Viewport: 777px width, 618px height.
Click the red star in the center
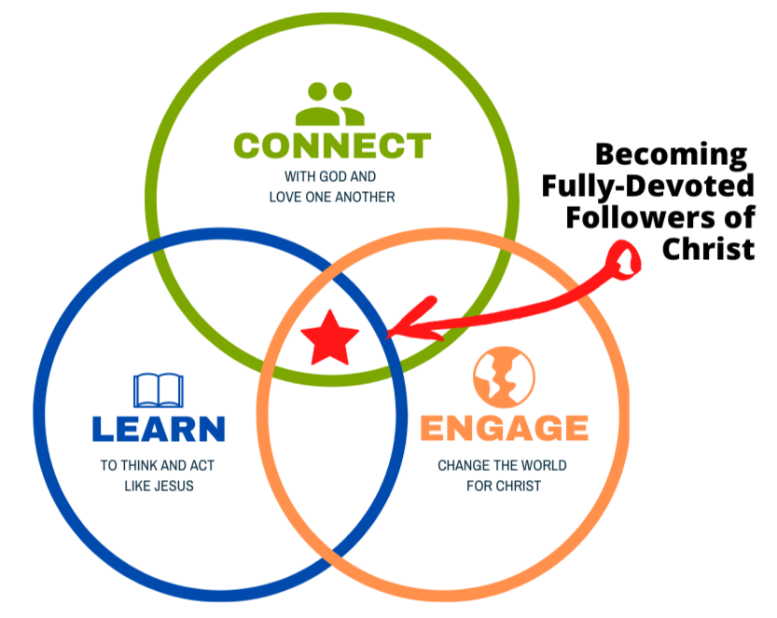coord(330,338)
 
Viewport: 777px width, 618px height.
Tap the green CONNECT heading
coord(331,146)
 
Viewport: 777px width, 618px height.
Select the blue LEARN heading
coord(159,429)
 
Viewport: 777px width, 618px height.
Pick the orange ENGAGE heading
coord(504,429)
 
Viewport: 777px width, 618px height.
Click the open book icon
coord(159,391)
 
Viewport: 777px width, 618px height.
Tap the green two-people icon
coord(330,104)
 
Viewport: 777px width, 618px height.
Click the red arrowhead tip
coord(392,331)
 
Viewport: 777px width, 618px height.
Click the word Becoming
coord(672,154)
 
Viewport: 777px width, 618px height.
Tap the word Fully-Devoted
coord(648,186)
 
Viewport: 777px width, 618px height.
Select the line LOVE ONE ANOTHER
coord(331,197)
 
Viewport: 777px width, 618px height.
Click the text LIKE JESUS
coord(159,486)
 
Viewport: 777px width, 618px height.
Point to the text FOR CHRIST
coord(504,486)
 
